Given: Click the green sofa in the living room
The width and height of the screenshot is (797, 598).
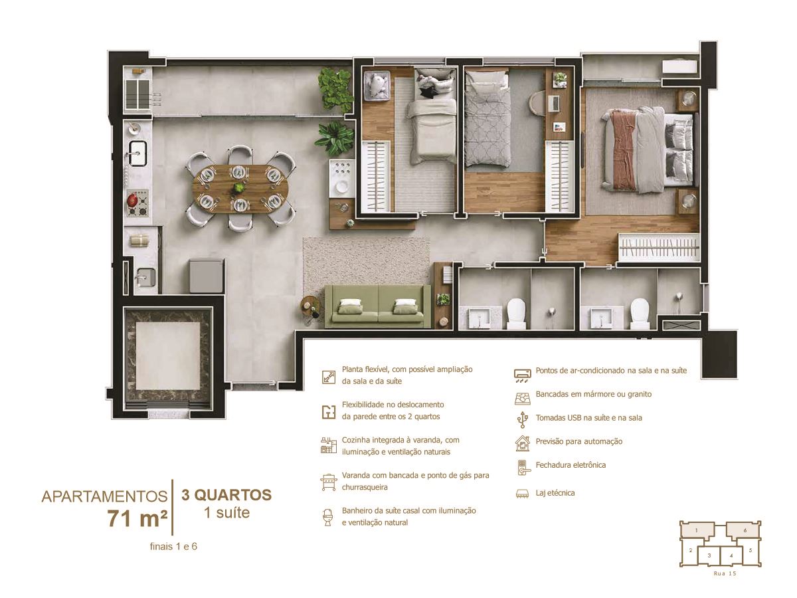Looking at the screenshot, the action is (378, 306).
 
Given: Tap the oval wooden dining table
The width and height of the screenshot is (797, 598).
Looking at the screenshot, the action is (240, 189).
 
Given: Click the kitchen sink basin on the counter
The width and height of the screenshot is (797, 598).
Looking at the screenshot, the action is (137, 153).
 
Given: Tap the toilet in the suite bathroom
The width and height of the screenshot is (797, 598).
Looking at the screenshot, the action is (639, 313).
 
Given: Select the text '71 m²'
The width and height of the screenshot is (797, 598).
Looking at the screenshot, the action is (137, 518).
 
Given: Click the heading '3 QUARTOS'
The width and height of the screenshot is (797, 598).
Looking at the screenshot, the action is (226, 495).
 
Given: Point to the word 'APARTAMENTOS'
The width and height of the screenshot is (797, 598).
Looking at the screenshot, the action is (104, 497).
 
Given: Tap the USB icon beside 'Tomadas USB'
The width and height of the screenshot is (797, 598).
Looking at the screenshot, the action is (523, 419).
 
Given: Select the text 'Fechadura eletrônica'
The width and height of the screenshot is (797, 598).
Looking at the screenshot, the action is (571, 464).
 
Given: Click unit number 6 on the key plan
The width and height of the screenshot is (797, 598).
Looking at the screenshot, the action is (745, 530).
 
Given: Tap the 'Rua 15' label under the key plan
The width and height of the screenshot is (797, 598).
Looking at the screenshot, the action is (725, 573).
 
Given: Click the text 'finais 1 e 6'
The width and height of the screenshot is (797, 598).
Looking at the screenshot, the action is (173, 546).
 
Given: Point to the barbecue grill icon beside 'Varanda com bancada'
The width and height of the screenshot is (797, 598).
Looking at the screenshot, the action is (329, 482).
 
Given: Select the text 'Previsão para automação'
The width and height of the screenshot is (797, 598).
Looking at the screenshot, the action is (578, 441).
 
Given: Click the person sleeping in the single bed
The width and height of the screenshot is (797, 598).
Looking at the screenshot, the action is (434, 84).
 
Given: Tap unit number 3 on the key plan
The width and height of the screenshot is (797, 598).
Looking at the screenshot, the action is (709, 555).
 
